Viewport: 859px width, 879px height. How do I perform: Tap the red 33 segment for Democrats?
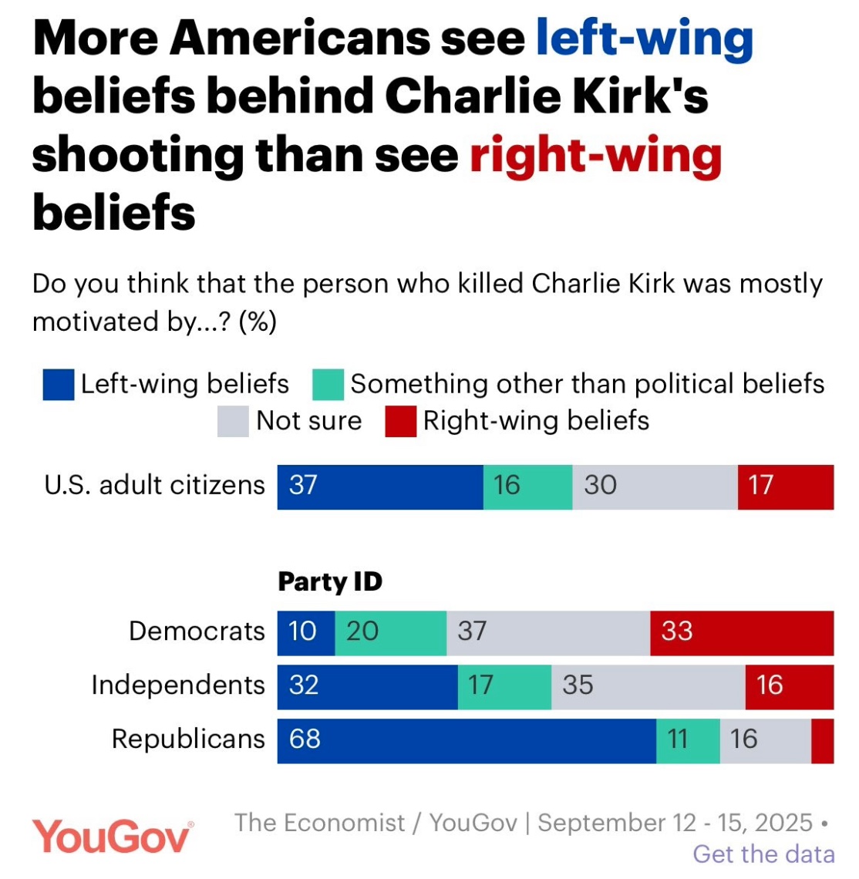click(x=742, y=632)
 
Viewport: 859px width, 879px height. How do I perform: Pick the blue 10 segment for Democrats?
click(x=306, y=632)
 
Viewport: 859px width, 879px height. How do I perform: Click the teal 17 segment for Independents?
click(x=504, y=685)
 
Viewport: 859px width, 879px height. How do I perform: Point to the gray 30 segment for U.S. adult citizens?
click(x=655, y=487)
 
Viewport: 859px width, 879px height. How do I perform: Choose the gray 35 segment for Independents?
click(x=648, y=685)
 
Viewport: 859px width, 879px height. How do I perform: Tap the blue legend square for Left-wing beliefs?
click(x=59, y=385)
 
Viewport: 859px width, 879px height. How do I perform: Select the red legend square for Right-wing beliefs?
click(x=401, y=422)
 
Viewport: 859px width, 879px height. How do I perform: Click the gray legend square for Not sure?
click(x=233, y=422)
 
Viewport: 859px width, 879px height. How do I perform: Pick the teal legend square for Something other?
click(x=328, y=385)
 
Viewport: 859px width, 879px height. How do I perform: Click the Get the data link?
click(x=763, y=854)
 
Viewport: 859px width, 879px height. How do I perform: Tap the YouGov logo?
click(x=112, y=836)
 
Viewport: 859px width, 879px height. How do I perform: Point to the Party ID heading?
click(x=330, y=582)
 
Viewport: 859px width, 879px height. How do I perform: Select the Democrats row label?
click(x=197, y=631)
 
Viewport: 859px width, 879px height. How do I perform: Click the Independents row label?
click(x=178, y=685)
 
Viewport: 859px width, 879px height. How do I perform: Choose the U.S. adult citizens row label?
click(x=154, y=486)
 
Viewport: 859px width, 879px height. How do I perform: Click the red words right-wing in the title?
click(x=595, y=156)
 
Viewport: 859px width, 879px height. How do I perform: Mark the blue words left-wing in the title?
click(x=644, y=39)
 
